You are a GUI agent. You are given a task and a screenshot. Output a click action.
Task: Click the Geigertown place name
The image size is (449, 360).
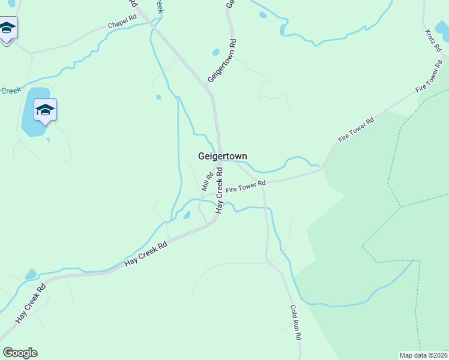(x=223, y=156)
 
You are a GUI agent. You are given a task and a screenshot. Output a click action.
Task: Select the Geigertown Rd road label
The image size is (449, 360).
(x=223, y=61)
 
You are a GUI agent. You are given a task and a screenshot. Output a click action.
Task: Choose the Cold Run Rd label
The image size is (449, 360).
(x=295, y=323)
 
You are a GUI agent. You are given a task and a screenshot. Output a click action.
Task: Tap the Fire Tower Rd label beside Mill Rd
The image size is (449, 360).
(x=246, y=187)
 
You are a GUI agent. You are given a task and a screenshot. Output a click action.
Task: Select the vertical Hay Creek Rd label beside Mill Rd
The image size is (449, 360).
(x=220, y=190)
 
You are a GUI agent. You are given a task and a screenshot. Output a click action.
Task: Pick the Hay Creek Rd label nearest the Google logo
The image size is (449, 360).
(x=31, y=303)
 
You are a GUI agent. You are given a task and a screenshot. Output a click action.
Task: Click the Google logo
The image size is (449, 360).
(x=20, y=353)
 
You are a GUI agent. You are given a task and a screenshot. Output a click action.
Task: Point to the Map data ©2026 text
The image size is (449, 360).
(x=423, y=355)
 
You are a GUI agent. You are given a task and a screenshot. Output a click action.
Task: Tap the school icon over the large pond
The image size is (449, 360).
(x=45, y=110)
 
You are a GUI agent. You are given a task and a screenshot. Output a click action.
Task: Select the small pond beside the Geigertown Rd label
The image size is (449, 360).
(x=216, y=52)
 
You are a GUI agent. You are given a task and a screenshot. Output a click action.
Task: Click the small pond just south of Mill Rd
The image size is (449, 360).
(x=187, y=215)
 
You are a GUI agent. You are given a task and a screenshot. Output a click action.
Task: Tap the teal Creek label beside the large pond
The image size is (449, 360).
(x=10, y=91)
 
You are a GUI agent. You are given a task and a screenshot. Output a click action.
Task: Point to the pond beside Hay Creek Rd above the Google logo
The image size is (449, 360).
(x=31, y=275)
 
